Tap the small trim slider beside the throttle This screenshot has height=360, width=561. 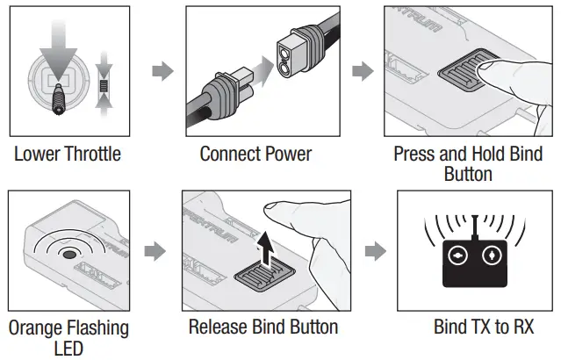(104, 87)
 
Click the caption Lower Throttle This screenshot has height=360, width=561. (68, 155)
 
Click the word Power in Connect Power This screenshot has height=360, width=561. (284, 155)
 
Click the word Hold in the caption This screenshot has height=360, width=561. (491, 155)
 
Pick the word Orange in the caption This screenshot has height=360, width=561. (40, 328)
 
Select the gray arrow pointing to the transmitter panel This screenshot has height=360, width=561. (374, 252)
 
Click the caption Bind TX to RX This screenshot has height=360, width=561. (483, 328)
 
